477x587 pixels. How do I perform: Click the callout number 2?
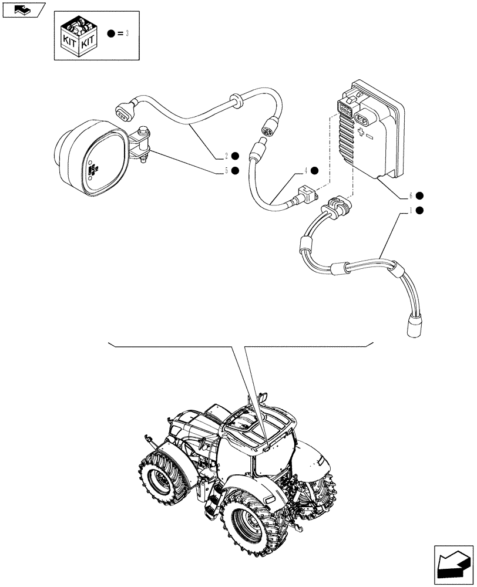[x=226, y=156]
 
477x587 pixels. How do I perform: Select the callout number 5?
[x=226, y=171]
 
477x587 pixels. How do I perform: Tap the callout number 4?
[x=305, y=171]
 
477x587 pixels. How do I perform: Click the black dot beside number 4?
[x=315, y=171]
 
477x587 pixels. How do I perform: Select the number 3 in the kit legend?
[x=126, y=34]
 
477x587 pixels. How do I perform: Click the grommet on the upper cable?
[x=235, y=100]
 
